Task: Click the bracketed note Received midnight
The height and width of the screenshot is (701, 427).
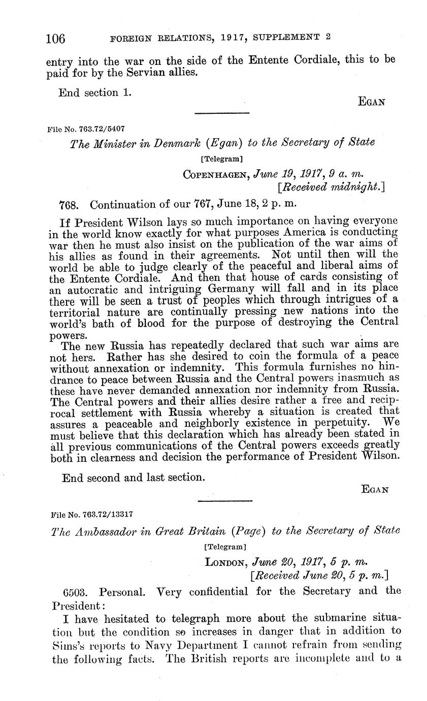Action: tap(332, 187)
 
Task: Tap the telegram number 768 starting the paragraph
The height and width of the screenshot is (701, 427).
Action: tap(70, 205)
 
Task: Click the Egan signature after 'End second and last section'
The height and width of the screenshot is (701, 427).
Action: tap(375, 490)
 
